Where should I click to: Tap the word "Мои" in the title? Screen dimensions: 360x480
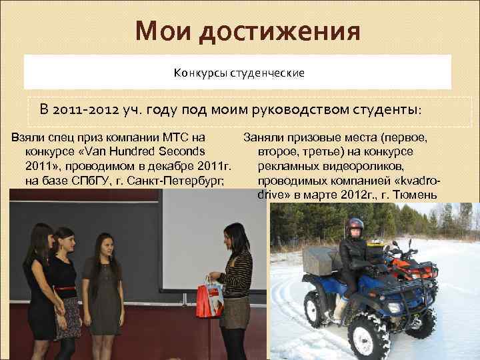(159, 31)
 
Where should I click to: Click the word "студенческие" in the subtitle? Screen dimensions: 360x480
(268, 71)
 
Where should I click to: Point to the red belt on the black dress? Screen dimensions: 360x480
(67, 287)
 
